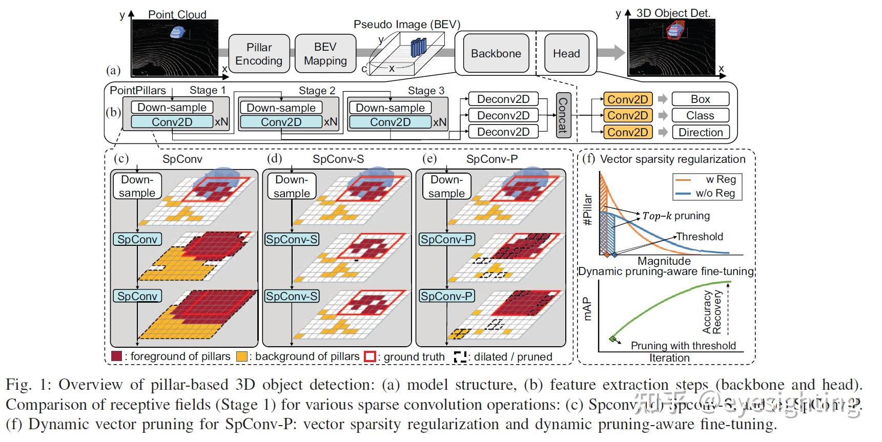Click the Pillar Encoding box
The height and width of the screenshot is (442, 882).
point(259,54)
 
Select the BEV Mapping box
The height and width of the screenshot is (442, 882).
point(325,54)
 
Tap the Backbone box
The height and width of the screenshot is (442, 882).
point(496,53)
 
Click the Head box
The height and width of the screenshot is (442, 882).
point(566,53)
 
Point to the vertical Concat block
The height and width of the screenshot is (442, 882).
point(563,115)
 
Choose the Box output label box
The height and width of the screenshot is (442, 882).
point(700,99)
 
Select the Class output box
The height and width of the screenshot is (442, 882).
point(700,116)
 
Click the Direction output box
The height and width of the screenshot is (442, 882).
point(700,132)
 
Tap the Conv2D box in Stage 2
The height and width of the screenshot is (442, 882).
point(281,122)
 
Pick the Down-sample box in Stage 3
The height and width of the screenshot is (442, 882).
point(390,108)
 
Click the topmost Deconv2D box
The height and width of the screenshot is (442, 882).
point(503,99)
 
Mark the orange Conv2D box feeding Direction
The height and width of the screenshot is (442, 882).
point(627,132)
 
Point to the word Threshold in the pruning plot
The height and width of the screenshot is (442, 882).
point(700,237)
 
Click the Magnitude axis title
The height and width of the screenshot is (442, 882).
point(664,261)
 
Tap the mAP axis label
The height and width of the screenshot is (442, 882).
point(587,309)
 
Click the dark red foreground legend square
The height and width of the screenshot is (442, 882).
point(117,356)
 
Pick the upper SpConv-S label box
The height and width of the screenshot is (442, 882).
point(292,239)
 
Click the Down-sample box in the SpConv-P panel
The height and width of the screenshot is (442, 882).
point(446,186)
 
